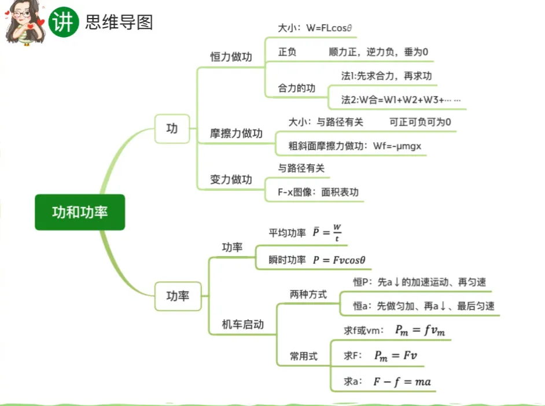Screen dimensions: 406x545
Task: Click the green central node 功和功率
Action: click(80, 212)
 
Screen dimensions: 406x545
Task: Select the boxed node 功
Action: click(172, 128)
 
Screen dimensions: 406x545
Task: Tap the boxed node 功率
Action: click(178, 296)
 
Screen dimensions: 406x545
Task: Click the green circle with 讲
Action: click(63, 23)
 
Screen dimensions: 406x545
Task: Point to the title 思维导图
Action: click(119, 22)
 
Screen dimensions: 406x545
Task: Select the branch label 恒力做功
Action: click(231, 57)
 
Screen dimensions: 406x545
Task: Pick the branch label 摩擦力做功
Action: click(236, 134)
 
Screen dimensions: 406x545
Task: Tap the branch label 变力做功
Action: click(231, 180)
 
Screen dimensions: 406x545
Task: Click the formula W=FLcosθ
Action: click(337, 28)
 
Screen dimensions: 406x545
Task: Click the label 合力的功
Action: click(297, 88)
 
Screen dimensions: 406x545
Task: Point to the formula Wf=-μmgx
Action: click(397, 146)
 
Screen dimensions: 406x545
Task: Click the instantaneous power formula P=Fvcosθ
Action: click(340, 260)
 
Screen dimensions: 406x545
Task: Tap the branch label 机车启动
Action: click(243, 324)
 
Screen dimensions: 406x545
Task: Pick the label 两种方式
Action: click(308, 294)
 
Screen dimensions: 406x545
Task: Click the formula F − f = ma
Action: click(402, 381)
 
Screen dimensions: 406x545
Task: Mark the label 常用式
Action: click(304, 356)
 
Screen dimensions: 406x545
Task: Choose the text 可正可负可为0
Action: click(420, 121)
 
